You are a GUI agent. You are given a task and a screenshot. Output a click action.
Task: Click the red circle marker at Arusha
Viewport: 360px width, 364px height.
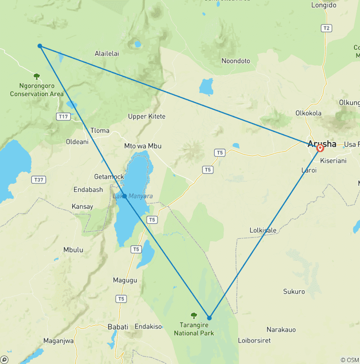pyautogui.click(x=320, y=148)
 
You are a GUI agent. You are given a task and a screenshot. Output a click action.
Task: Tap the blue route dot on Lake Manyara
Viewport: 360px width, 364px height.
pyautogui.click(x=124, y=197)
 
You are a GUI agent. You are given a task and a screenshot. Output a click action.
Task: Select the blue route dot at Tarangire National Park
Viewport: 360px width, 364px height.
pyautogui.click(x=210, y=318)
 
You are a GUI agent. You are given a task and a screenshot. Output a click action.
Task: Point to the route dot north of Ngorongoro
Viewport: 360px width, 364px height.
pyautogui.click(x=40, y=46)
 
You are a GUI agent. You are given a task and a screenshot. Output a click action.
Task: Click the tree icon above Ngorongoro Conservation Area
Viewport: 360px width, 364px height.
pyautogui.click(x=37, y=76)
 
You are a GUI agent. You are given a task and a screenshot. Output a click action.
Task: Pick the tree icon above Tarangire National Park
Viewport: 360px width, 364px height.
pyautogui.click(x=194, y=316)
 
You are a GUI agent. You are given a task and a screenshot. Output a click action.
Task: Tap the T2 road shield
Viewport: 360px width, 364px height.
pyautogui.click(x=327, y=28)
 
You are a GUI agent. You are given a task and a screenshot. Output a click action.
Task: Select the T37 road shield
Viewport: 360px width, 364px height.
pyautogui.click(x=38, y=180)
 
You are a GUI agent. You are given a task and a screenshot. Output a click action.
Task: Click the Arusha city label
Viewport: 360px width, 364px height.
pyautogui.click(x=322, y=144)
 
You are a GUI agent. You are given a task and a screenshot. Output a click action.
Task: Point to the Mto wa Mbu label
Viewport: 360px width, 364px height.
pyautogui.click(x=143, y=146)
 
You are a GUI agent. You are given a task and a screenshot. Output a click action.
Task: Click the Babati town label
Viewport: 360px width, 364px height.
pyautogui.click(x=118, y=326)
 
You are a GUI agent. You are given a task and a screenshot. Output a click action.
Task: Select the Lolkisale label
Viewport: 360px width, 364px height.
pyautogui.click(x=263, y=230)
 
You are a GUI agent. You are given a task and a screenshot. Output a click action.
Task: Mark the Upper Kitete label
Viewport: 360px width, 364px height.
pyautogui.click(x=147, y=116)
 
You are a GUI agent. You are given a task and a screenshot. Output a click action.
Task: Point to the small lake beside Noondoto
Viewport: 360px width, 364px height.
pyautogui.click(x=206, y=87)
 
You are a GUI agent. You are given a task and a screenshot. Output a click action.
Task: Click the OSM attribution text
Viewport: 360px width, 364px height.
pyautogui.click(x=349, y=360)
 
